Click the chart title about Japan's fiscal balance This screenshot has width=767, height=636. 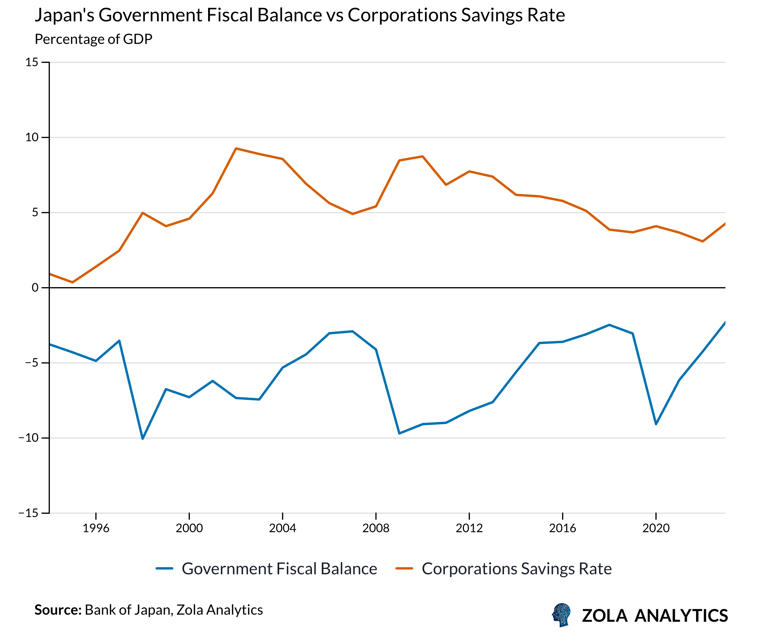[x=299, y=15]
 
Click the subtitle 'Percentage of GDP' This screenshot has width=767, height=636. [x=94, y=39]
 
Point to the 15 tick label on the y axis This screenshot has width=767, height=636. [x=32, y=62]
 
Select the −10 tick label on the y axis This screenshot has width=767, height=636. [x=29, y=438]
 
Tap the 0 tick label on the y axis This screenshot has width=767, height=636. [x=35, y=288]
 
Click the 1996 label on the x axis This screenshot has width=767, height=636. [x=96, y=528]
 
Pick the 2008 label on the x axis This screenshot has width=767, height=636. [x=376, y=528]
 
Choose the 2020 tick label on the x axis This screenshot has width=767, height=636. [x=656, y=528]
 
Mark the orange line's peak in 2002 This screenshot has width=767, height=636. [x=236, y=149]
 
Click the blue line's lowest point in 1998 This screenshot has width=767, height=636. [x=142, y=438]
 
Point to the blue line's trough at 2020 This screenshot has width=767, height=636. [x=656, y=424]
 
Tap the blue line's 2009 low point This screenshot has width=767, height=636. [x=399, y=433]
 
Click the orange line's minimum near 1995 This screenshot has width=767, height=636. [x=72, y=282]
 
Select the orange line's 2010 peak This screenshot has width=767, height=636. [x=423, y=156]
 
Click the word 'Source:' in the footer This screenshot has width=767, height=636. [x=58, y=610]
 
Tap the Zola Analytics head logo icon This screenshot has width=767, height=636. [x=561, y=615]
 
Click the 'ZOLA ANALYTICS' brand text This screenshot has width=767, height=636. [x=655, y=616]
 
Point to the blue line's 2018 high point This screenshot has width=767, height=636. [x=609, y=325]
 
